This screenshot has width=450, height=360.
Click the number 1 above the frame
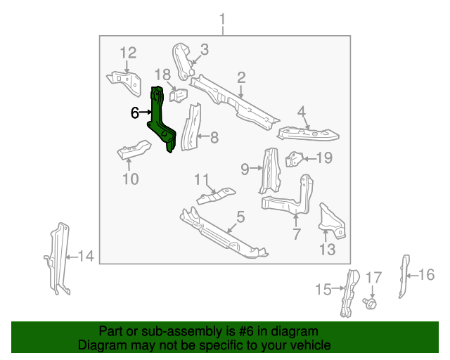pos(223,18)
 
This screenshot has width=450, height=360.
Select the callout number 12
pos(127,53)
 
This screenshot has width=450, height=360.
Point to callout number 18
pos(162,75)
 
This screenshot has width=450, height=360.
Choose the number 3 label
pos(204,49)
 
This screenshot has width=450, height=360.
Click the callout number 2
pos(241,77)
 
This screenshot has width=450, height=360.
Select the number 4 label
pos(301,111)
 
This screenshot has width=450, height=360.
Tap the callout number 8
pos(214,138)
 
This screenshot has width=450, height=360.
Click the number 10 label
pos(131,179)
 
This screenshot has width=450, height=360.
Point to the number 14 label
pos(85,257)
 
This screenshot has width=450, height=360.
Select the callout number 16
pos(427,274)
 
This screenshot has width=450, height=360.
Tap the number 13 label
pos(328,249)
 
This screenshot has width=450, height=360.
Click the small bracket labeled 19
pos(295,160)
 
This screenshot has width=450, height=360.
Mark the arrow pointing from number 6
pos(146,112)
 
